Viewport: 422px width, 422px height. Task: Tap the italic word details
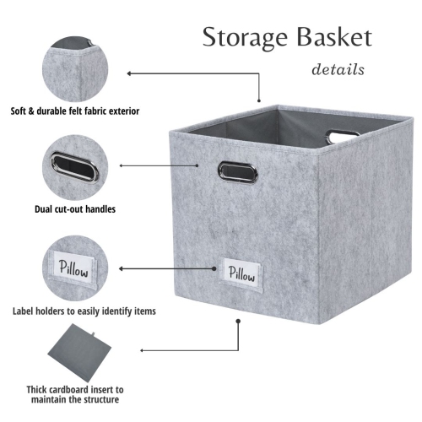tap(338, 69)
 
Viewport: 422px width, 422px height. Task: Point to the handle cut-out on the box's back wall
tap(344, 135)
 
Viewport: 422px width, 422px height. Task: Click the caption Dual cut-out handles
tap(75, 208)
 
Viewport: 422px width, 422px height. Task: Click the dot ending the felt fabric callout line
tap(128, 73)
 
